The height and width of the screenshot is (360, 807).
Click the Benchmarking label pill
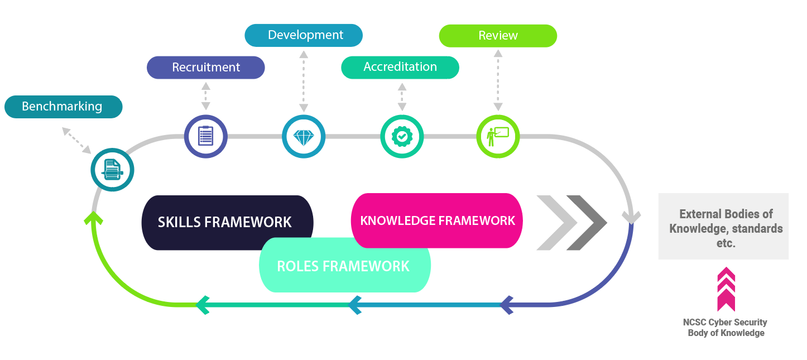tap(63, 107)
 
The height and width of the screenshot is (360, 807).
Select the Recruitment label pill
tap(205, 68)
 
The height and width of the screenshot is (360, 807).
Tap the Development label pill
tap(304, 35)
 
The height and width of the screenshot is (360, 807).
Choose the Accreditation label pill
tap(400, 67)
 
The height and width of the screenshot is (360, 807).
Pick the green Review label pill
tap(498, 36)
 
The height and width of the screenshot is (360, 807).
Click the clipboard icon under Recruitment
tap(206, 136)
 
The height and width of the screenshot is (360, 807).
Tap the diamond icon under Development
tap(304, 137)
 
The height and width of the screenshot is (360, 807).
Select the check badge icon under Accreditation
tap(402, 137)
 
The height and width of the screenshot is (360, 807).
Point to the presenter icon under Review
tap(498, 136)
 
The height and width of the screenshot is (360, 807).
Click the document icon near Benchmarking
tap(112, 170)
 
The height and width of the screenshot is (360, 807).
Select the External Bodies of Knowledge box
tap(723, 226)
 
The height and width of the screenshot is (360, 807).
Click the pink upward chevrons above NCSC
tap(726, 289)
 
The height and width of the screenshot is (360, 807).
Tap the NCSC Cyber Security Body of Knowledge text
tap(725, 328)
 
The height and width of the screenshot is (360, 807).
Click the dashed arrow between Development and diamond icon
tap(304, 81)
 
